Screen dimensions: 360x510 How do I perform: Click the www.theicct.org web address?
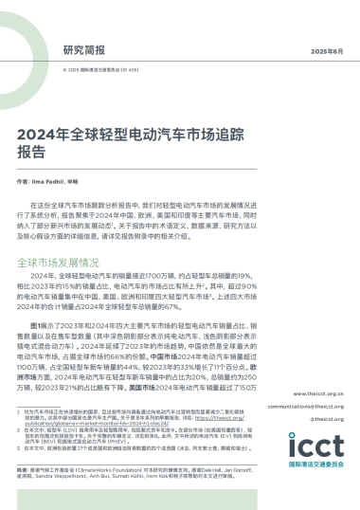coord(324,392)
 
